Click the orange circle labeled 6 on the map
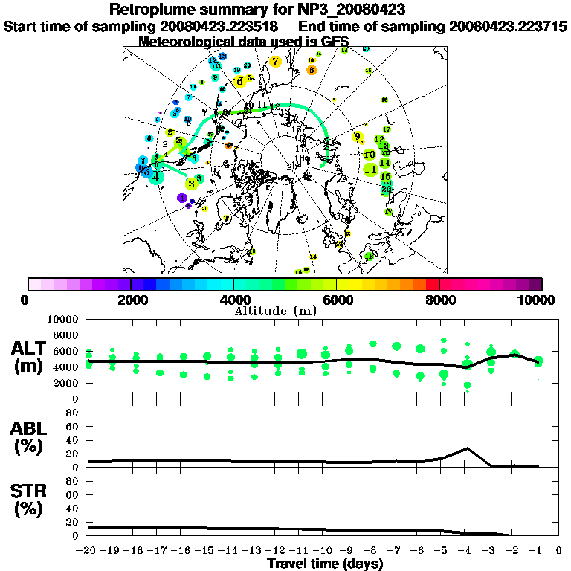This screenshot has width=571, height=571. click(x=312, y=70)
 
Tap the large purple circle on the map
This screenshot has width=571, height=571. click(x=182, y=198)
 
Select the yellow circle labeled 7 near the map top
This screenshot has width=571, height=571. click(x=276, y=62)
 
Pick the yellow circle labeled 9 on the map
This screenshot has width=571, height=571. click(x=358, y=136)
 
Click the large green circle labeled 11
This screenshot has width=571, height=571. click(x=370, y=170)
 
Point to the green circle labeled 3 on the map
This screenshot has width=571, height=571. click(x=192, y=182)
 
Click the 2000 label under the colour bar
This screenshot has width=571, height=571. click(x=131, y=300)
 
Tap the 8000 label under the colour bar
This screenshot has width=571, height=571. click(x=439, y=300)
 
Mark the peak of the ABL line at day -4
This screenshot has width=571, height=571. click(x=466, y=448)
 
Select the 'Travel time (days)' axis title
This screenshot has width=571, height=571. click(x=325, y=564)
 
